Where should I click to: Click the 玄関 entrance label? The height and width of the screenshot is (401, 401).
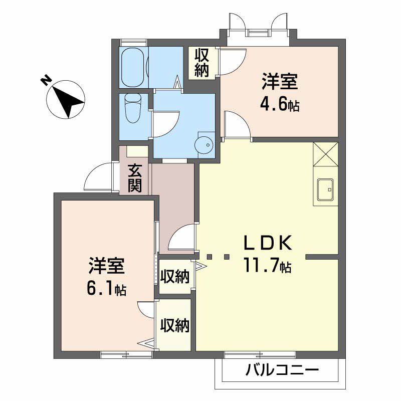(x=134, y=178)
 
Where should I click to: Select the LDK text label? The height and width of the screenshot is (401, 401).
(x=268, y=243)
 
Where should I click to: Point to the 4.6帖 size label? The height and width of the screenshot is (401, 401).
(x=279, y=106)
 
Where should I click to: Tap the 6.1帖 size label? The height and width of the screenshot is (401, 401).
(x=107, y=289)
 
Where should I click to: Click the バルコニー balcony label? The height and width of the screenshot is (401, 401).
(x=282, y=371)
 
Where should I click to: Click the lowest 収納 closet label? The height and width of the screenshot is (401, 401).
(x=174, y=326)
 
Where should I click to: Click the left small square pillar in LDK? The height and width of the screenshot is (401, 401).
(x=210, y=258)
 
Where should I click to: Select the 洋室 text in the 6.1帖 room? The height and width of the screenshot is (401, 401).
(x=107, y=266)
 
